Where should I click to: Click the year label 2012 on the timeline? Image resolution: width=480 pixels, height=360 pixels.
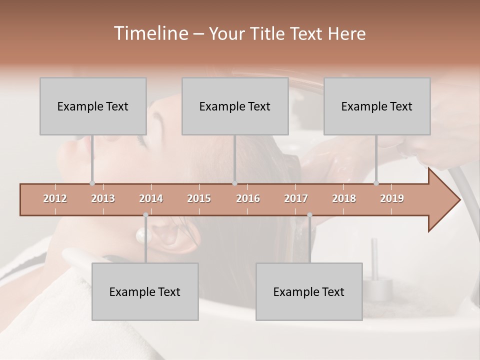click(55, 199)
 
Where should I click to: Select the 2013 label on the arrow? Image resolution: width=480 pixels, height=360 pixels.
click(103, 199)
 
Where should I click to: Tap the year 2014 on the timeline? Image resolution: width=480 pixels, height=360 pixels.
click(151, 199)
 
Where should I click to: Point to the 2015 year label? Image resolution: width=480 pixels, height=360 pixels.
click(199, 199)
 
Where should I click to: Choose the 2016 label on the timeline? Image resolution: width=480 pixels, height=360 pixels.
click(248, 199)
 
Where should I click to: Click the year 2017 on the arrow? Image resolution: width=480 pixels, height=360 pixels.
click(296, 199)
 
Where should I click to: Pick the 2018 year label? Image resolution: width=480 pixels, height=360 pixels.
click(344, 199)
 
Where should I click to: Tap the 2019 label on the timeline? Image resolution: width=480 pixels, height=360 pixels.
click(392, 199)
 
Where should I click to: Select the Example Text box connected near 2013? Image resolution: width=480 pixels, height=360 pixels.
click(93, 106)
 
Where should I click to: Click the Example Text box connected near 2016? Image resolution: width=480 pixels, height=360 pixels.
click(235, 106)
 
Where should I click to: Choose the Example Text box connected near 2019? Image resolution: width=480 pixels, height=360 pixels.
click(377, 106)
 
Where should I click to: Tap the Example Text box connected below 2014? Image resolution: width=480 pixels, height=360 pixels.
click(145, 291)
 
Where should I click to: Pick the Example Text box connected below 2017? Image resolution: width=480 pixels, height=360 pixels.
click(309, 291)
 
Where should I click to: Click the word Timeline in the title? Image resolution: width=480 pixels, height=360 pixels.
click(150, 33)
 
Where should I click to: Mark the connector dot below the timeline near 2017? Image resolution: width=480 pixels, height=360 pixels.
click(309, 215)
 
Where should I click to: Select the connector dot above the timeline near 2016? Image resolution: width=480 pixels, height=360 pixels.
click(235, 183)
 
